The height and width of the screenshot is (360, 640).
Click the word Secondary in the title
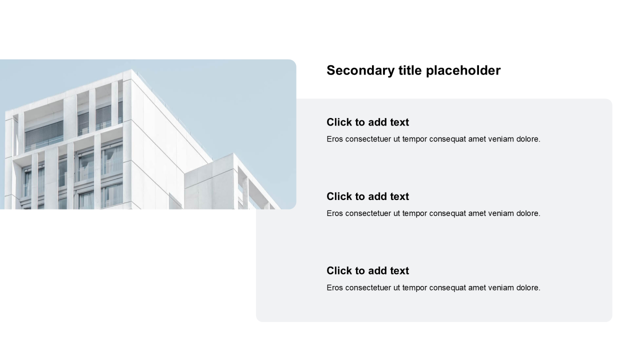(360, 70)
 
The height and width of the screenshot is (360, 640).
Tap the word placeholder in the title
(463, 70)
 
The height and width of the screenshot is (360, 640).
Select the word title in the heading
(410, 70)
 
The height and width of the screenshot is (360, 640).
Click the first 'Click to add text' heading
(367, 122)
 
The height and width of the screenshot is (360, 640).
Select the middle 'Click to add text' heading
(367, 196)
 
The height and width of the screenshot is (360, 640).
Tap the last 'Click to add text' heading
(367, 271)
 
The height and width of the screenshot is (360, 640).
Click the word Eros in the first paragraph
(334, 139)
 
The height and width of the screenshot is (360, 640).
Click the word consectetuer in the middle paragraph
(368, 213)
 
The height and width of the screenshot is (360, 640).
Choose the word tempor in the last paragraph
(414, 288)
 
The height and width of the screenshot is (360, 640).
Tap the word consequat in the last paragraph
(447, 288)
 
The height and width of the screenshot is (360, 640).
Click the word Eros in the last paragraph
(334, 287)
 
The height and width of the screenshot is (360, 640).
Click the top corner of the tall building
(131, 69)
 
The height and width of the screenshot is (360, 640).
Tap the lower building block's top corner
(233, 153)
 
